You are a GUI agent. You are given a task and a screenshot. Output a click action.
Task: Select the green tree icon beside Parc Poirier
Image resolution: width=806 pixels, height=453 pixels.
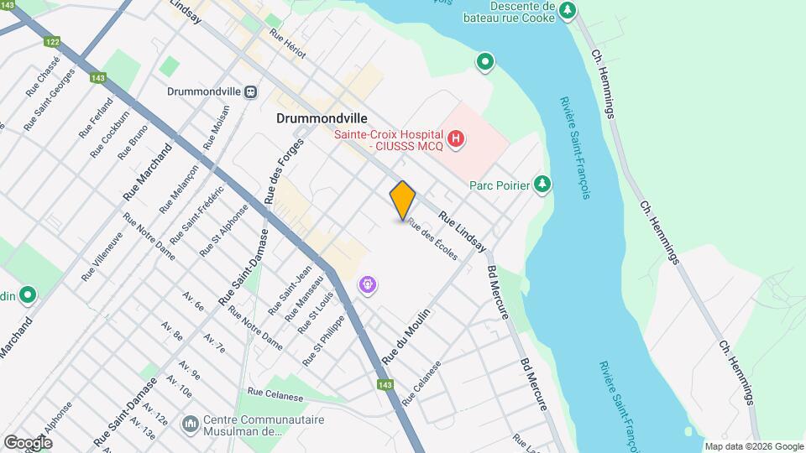pyautogui.click(x=543, y=184)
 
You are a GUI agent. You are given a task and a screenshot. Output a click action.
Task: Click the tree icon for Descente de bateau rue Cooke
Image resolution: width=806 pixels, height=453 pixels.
pyautogui.click(x=569, y=10)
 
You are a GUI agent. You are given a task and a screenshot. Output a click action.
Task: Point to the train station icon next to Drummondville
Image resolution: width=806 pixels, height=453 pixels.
pyautogui.click(x=250, y=91)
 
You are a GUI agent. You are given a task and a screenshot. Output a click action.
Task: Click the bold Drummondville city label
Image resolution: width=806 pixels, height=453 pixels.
pyautogui.click(x=322, y=119)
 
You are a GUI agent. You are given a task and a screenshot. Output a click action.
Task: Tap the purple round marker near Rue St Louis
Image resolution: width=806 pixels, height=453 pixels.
pyautogui.click(x=368, y=285)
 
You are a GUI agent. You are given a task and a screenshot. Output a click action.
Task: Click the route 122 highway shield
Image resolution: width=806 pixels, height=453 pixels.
pyautogui.click(x=54, y=42)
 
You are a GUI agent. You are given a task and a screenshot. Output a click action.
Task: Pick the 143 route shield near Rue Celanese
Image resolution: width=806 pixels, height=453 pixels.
pyautogui.click(x=385, y=385)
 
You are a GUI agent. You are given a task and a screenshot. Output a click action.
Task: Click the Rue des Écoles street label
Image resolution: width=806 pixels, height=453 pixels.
pyautogui.click(x=432, y=239)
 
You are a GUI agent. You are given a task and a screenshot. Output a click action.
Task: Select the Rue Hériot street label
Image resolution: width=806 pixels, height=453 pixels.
pyautogui.click(x=288, y=44)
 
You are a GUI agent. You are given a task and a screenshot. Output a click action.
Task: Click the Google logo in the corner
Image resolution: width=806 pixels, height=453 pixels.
pyautogui.click(x=28, y=442)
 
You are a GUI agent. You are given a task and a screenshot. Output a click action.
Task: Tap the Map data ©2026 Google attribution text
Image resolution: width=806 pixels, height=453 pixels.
pyautogui.click(x=753, y=446)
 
